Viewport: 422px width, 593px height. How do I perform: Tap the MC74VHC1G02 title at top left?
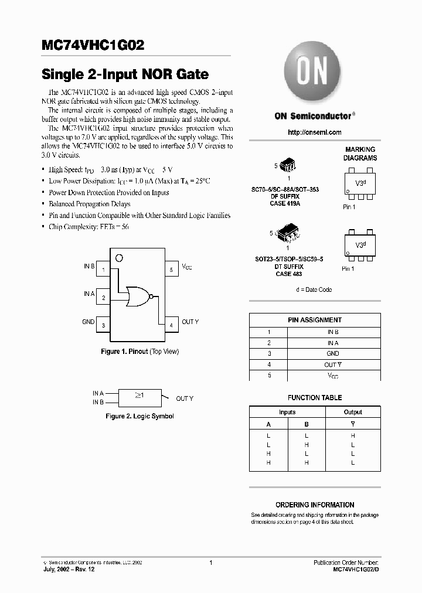tap(93, 46)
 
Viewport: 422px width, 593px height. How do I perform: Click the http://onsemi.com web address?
tap(314, 132)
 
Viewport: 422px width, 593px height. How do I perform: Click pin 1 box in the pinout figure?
tap(103, 269)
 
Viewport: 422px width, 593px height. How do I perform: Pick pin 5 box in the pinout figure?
tap(171, 269)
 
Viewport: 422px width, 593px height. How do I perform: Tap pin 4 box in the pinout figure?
tap(171, 325)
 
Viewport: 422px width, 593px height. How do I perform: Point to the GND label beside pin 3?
tap(88, 322)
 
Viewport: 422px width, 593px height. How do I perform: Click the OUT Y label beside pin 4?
tap(190, 322)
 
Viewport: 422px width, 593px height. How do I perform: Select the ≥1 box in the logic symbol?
tap(140, 397)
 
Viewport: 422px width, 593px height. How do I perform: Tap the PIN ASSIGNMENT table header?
tap(315, 320)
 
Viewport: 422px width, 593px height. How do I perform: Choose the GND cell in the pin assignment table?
tap(332, 353)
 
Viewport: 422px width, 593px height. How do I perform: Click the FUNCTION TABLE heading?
tap(315, 397)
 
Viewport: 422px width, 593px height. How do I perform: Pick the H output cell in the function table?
tap(353, 435)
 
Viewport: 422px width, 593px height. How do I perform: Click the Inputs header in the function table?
tap(287, 412)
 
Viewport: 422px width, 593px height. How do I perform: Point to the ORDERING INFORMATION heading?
tap(315, 505)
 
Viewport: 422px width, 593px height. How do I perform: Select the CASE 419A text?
tap(285, 203)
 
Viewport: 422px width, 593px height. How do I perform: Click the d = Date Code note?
tap(314, 289)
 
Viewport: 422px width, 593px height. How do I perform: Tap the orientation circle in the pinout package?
tap(119, 257)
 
